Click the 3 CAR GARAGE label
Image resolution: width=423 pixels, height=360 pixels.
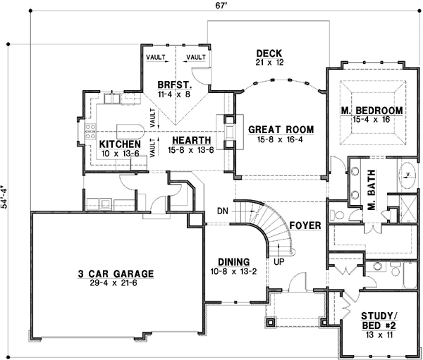click(117, 273)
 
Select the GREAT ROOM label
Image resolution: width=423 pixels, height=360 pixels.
click(281, 130)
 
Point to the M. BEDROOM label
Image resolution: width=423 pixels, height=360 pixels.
click(371, 111)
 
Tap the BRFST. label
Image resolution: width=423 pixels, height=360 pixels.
click(173, 82)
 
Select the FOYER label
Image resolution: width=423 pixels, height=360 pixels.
click(305, 225)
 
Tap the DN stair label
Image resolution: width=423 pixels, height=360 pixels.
click(222, 210)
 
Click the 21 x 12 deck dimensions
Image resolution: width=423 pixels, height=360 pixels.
click(269, 63)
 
